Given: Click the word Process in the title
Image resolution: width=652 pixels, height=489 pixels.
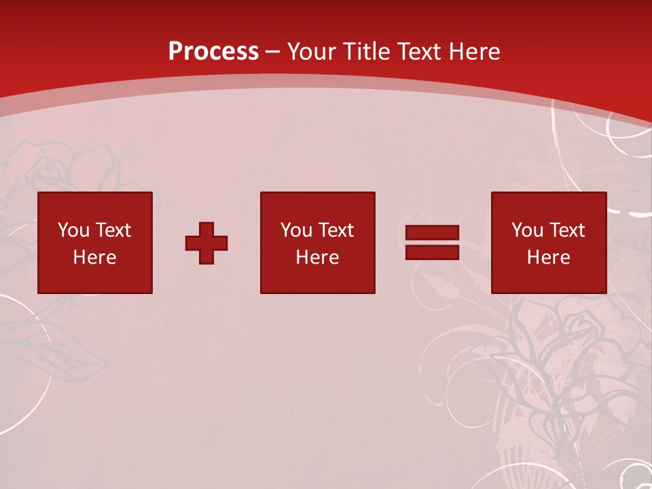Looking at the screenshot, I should [x=213, y=52].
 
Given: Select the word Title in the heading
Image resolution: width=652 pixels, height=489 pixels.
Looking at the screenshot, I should [x=368, y=52].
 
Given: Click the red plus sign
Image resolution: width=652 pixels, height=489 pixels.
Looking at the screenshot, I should [x=206, y=243].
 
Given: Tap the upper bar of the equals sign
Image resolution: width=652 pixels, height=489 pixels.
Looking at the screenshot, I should [x=432, y=233].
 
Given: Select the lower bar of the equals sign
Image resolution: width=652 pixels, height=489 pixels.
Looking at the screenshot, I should [x=432, y=253].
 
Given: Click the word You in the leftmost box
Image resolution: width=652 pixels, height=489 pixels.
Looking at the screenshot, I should [x=73, y=230].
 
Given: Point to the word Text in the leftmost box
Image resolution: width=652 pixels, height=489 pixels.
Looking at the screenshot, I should [x=113, y=230].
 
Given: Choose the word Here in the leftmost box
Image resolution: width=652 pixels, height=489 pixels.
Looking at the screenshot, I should [x=94, y=257].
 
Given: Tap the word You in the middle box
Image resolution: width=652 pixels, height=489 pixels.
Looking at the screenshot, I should [x=296, y=230].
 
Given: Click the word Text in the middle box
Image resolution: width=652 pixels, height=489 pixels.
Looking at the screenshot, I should [x=336, y=230].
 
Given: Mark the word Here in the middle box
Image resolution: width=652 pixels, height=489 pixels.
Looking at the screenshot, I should [x=317, y=257].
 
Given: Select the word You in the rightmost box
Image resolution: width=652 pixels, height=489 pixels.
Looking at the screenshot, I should [x=527, y=230].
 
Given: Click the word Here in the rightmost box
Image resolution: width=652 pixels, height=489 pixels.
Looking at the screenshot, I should [x=548, y=257].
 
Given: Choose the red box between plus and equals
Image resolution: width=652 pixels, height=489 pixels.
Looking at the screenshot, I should [x=317, y=278].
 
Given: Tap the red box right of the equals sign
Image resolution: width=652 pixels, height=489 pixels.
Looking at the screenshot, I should [x=548, y=278].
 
